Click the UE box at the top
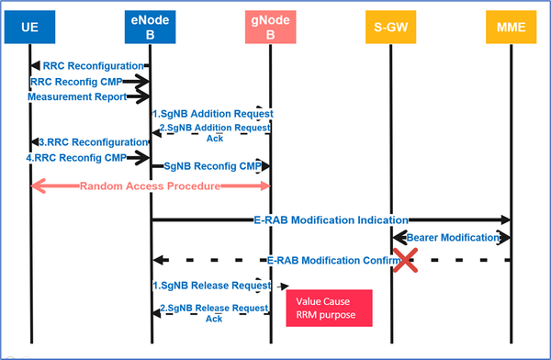[30, 28]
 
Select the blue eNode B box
[150, 28]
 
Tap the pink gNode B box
[270, 28]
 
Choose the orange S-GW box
[390, 28]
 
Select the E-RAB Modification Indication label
[331, 219]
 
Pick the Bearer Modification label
[449, 238]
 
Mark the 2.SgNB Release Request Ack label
[213, 312]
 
